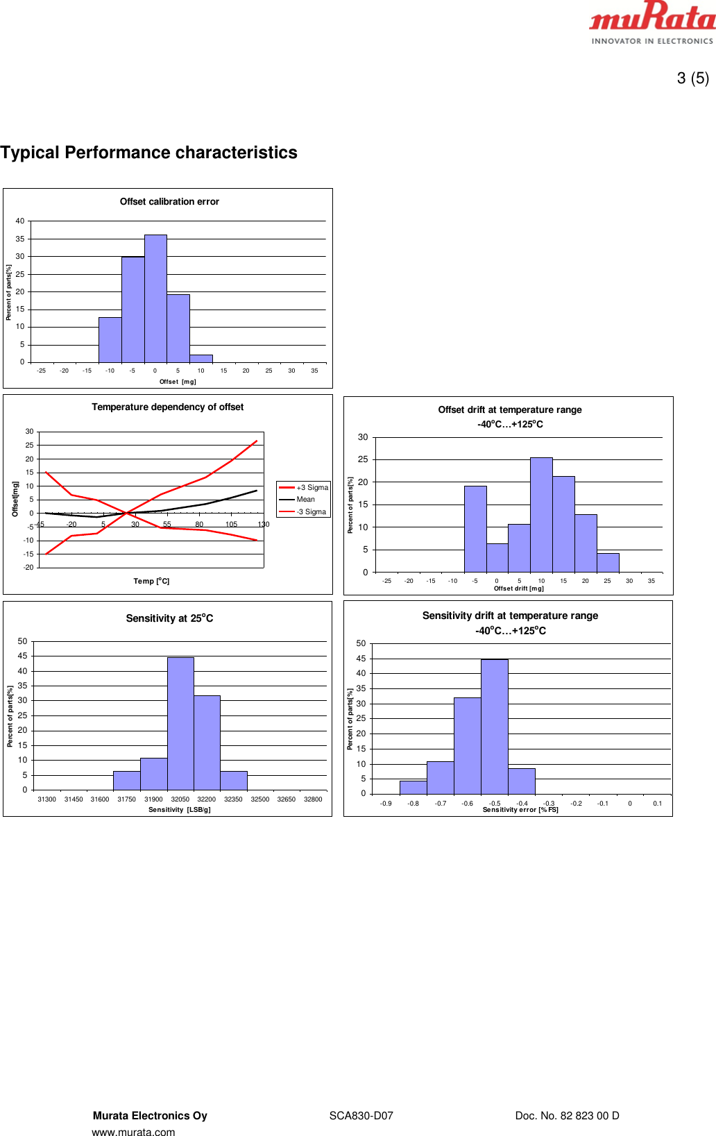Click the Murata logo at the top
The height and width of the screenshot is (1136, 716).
point(651,22)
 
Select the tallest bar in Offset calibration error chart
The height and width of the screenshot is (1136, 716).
point(155,298)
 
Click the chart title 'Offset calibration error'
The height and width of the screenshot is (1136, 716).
point(169,202)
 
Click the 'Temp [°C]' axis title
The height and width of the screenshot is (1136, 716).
point(151,582)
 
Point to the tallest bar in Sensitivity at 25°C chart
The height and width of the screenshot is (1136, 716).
point(180,723)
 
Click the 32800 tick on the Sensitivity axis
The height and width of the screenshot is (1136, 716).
point(313,799)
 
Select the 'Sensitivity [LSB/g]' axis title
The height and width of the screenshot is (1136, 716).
point(179,810)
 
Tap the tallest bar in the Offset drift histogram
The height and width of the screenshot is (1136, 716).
point(541,514)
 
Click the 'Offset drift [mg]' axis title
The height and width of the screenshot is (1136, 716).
point(518,588)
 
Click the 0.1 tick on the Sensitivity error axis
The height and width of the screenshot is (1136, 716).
point(657,804)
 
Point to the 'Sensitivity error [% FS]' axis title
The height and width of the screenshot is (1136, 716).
point(520,810)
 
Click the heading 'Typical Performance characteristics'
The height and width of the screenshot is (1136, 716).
point(149,153)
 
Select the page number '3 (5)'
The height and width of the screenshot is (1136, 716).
point(692,78)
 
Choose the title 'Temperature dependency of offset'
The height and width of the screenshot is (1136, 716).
point(168,407)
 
